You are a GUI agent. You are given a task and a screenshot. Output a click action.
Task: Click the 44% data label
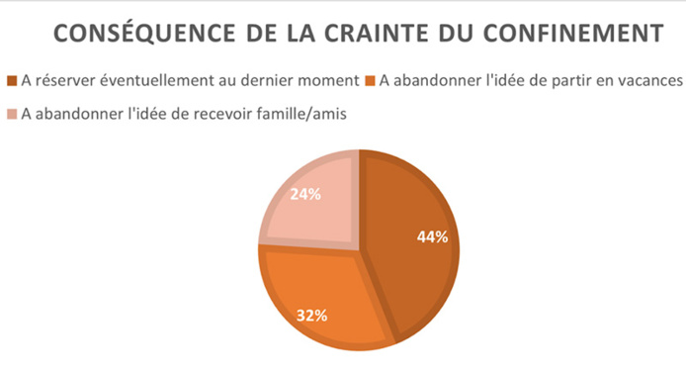coord(432,236)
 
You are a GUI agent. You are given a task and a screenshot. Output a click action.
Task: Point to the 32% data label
coord(313,317)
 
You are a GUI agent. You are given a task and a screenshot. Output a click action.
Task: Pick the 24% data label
coord(305,194)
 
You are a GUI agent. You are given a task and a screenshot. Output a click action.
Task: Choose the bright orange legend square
coord(372,80)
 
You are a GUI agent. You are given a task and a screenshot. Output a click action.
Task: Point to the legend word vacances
coord(647,80)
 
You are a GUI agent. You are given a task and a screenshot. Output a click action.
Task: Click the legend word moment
coord(325,80)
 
